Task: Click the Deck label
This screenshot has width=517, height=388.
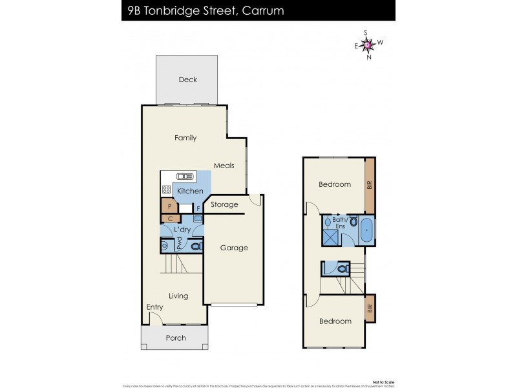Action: pyautogui.click(x=188, y=80)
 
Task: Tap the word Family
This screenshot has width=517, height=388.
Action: pyautogui.click(x=185, y=138)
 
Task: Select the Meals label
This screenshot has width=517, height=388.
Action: pyautogui.click(x=224, y=166)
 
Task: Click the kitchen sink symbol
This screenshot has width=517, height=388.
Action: pyautogui.click(x=185, y=176)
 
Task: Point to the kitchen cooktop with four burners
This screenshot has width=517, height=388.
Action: pyautogui.click(x=166, y=190)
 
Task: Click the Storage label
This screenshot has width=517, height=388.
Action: pyautogui.click(x=224, y=204)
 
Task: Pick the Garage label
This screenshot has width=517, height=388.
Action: pyautogui.click(x=233, y=248)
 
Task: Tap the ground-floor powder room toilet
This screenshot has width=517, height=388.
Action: pyautogui.click(x=196, y=246)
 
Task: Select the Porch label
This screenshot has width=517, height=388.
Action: pyautogui.click(x=176, y=338)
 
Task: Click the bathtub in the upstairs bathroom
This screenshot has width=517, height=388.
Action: pyautogui.click(x=366, y=230)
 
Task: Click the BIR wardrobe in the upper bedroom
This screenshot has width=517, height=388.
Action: pyautogui.click(x=370, y=184)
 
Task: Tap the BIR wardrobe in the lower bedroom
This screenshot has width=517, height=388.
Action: pyautogui.click(x=370, y=308)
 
